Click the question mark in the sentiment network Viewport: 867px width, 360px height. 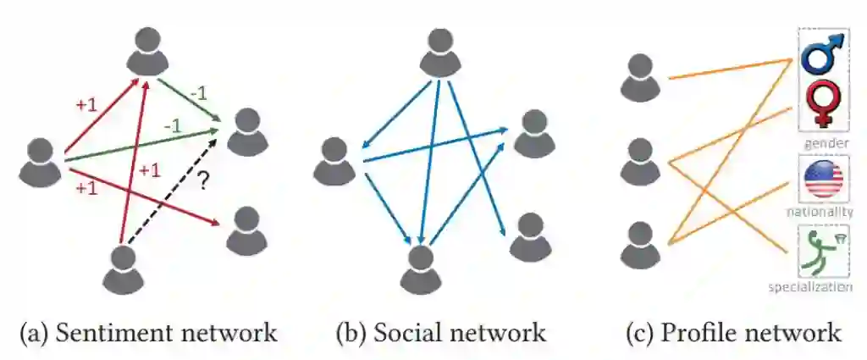(x=202, y=180)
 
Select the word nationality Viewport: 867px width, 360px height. (x=820, y=212)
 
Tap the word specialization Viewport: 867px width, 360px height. (x=810, y=287)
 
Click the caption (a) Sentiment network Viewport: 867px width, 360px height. (x=148, y=332)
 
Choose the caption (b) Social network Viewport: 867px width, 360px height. (x=440, y=332)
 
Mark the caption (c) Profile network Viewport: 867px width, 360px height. (x=733, y=332)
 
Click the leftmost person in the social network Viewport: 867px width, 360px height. (x=335, y=162)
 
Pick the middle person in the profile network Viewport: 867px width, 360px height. (x=640, y=162)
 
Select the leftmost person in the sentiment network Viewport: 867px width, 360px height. (x=41, y=161)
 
